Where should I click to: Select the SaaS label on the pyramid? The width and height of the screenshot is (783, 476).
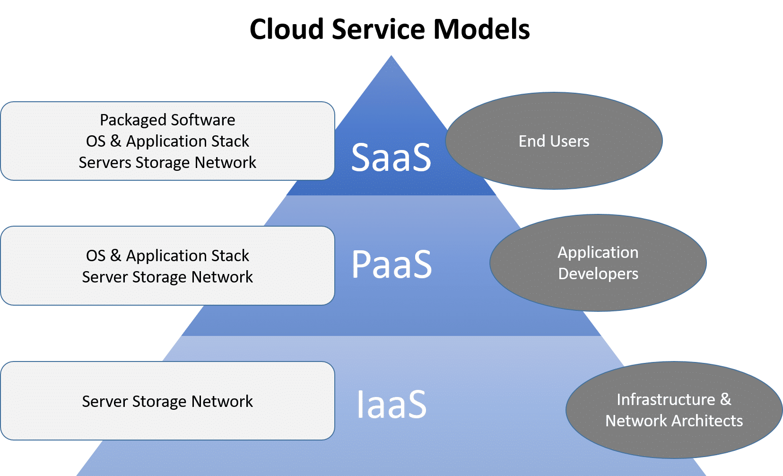click(391, 157)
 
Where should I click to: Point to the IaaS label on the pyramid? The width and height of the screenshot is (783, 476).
click(391, 405)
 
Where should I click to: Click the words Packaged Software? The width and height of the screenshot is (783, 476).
click(167, 120)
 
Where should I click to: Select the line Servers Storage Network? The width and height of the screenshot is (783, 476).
click(167, 163)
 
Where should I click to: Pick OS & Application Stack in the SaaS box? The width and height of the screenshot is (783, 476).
click(167, 141)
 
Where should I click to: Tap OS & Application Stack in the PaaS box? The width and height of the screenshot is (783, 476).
click(167, 256)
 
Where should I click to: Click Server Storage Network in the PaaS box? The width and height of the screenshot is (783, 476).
click(167, 277)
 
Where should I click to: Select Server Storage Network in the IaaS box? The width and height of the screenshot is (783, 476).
click(167, 402)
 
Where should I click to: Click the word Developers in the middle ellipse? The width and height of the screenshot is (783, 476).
click(598, 274)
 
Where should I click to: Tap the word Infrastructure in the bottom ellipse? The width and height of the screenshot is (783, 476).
click(666, 400)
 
